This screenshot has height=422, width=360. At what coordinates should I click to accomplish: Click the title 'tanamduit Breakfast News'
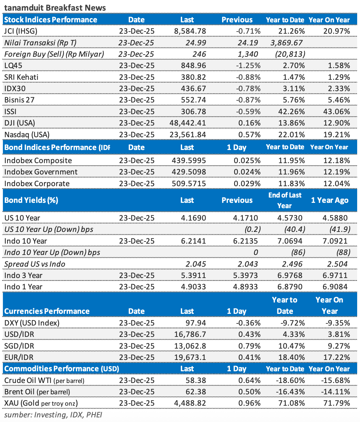(x=55, y=7)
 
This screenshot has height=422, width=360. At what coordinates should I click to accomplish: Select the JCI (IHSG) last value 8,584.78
(x=190, y=31)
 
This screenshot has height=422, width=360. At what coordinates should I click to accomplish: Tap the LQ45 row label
(x=14, y=66)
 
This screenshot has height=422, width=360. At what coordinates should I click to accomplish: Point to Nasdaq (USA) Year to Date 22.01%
(x=290, y=135)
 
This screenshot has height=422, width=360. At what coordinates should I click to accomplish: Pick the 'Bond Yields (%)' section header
(x=31, y=200)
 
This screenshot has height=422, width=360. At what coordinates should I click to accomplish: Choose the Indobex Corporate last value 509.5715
(x=190, y=184)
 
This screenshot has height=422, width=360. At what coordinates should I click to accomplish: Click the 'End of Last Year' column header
(x=285, y=200)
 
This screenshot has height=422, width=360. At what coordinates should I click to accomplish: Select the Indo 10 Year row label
(x=26, y=241)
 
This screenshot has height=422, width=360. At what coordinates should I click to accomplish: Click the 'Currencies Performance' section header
(x=47, y=311)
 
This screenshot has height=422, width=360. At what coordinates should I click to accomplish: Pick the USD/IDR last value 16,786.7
(x=191, y=334)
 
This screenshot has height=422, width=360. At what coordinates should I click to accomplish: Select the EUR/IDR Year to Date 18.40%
(x=290, y=357)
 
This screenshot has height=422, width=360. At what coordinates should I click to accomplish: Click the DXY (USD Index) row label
(x=32, y=323)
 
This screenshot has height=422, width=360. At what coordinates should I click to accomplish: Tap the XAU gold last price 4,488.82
(x=191, y=403)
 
